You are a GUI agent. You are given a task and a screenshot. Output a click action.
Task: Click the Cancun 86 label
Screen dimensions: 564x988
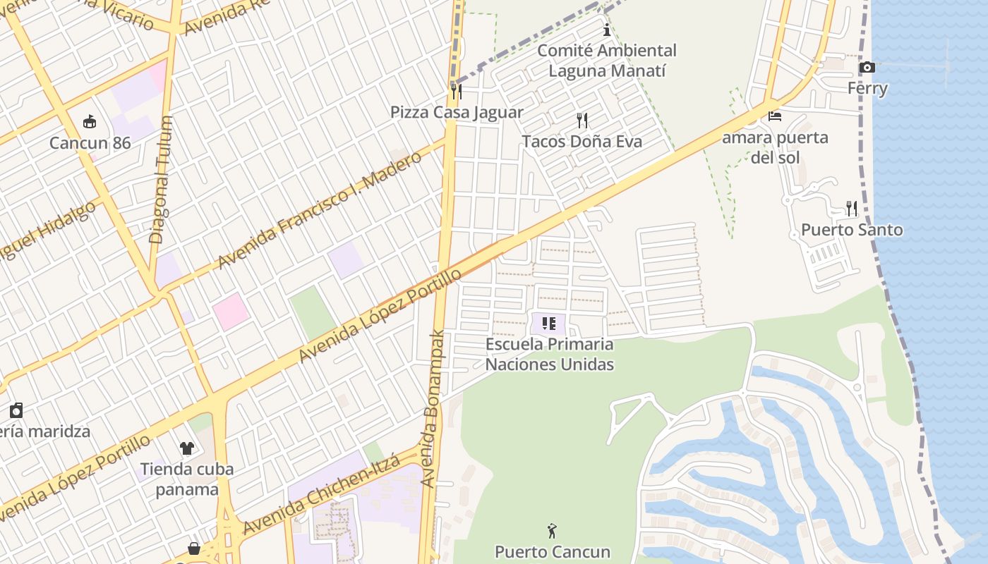point(90,143)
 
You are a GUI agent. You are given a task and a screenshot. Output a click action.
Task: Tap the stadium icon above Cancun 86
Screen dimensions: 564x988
point(90,123)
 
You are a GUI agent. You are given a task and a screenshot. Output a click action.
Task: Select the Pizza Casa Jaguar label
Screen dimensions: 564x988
point(457,112)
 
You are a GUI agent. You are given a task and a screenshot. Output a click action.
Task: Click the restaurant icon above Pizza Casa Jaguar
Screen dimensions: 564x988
point(457,91)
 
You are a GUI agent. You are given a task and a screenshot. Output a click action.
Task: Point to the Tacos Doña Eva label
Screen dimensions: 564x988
point(582,142)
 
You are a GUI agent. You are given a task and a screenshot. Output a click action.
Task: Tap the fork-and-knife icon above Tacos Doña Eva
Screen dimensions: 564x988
point(582,121)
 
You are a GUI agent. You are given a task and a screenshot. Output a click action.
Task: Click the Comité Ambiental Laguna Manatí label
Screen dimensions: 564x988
point(607,61)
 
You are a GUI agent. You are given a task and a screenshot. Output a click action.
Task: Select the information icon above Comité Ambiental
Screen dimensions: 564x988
point(607,30)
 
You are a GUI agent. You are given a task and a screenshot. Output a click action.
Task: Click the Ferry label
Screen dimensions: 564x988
point(867,89)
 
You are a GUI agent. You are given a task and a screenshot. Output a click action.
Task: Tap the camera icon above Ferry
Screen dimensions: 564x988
point(867,68)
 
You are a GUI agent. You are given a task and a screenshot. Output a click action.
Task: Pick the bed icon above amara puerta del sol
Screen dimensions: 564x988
point(775,116)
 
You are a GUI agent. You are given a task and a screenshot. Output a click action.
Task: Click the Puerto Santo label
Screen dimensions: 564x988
point(852,230)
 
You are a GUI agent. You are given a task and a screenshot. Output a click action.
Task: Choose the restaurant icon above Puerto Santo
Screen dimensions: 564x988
point(852,209)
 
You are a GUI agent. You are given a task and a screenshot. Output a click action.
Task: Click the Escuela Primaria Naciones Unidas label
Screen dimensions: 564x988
point(550,354)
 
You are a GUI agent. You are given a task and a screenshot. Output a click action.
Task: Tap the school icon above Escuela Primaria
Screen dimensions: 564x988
point(549,324)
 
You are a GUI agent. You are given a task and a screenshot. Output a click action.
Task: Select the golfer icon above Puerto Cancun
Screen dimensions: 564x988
point(552,530)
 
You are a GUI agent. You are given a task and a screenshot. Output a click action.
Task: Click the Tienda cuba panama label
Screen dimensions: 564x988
point(187,479)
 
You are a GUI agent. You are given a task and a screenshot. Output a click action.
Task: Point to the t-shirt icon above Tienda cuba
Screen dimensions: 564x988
point(187,448)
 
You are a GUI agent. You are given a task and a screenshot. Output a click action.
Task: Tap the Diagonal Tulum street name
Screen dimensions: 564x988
point(161,180)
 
